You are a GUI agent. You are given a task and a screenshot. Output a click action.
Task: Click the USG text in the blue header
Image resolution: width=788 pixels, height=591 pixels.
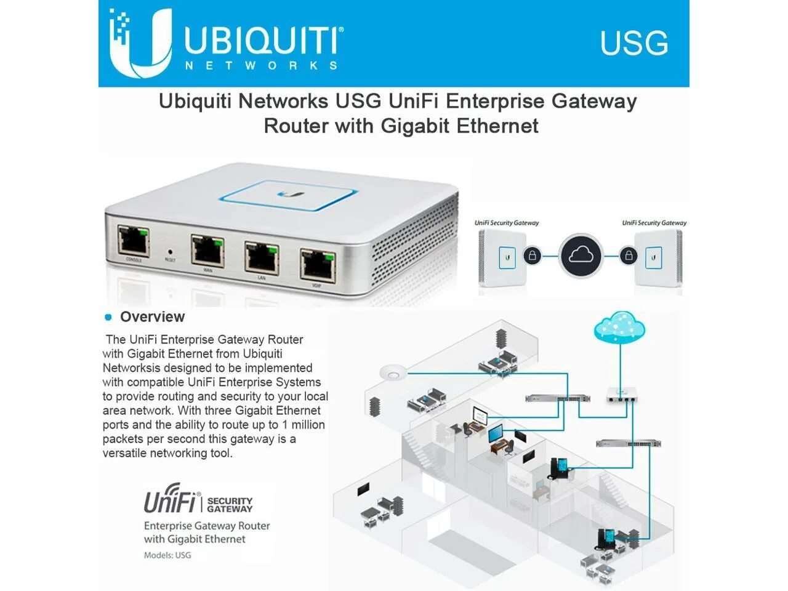click(633, 44)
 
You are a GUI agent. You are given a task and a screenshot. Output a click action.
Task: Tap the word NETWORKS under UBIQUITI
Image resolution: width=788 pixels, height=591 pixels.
click(261, 65)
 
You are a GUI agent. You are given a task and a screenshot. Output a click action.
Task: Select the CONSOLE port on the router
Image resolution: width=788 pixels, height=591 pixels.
click(134, 241)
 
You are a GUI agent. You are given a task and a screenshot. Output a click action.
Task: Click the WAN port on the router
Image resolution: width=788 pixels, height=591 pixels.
click(207, 250)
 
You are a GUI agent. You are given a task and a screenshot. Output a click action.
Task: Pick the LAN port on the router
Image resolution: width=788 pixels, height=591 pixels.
click(262, 257)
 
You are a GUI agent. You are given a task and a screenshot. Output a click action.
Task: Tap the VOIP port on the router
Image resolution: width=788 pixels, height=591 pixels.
click(318, 265)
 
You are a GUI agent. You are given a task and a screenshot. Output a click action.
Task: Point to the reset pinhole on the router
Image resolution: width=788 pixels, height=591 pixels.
click(170, 252)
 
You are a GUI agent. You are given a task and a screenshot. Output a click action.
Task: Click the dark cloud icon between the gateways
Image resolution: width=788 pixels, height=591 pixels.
click(581, 255)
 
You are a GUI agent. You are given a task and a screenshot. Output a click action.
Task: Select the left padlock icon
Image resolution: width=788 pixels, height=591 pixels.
click(533, 255)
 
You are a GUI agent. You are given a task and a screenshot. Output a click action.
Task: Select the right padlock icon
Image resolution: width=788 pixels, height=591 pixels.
click(628, 255)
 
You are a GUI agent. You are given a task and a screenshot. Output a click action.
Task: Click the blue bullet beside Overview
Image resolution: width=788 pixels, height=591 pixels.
click(108, 317)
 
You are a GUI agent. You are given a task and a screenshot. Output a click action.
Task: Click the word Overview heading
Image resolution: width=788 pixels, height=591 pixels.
click(152, 317)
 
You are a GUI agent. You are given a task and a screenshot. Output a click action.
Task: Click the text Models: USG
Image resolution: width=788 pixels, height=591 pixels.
click(167, 555)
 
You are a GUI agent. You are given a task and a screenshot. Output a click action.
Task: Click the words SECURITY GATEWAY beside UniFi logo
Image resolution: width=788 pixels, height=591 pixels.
click(230, 505)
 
